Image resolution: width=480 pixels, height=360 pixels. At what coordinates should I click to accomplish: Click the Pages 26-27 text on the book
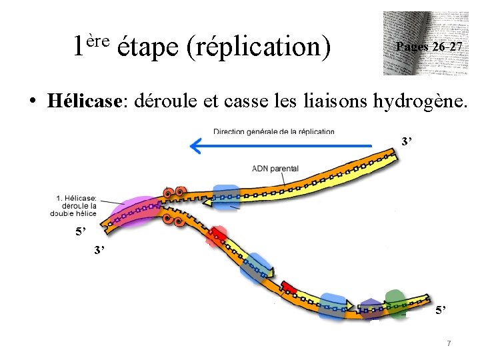click(429, 47)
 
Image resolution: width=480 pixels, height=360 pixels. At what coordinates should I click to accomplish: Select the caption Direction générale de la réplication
click(274, 131)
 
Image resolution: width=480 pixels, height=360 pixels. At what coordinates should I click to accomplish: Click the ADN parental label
click(275, 169)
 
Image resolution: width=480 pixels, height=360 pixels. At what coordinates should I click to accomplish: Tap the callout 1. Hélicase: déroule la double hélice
click(75, 205)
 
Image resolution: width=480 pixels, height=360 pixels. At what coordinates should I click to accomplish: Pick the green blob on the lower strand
click(395, 302)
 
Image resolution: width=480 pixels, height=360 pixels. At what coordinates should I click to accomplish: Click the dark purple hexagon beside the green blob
click(371, 309)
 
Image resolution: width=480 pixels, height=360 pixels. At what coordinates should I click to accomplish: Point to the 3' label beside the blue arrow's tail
click(407, 141)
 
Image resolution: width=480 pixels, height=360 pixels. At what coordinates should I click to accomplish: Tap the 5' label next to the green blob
click(441, 310)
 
